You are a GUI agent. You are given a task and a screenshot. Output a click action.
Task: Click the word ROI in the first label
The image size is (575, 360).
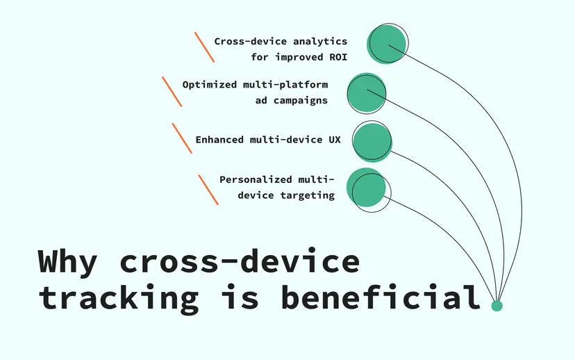(337, 57)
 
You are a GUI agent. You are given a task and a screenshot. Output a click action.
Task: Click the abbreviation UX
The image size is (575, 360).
(334, 140)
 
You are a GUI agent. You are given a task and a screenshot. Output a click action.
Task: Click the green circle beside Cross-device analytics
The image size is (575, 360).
(386, 44)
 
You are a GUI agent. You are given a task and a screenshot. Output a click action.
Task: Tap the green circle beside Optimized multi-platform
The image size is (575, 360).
(365, 93)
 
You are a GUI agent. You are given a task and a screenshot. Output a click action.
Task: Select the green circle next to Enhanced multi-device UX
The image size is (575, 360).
(372, 141)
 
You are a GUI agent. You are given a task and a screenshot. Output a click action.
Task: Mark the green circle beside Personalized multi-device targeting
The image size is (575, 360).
(366, 188)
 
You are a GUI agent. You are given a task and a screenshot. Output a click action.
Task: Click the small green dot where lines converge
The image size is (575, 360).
(497, 306)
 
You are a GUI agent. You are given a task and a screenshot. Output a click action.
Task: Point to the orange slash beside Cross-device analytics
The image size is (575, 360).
(204, 47)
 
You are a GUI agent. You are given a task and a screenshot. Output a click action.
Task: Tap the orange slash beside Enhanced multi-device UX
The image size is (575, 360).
(182, 138)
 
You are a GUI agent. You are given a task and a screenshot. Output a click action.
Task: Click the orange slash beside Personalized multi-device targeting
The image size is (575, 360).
(208, 189)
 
